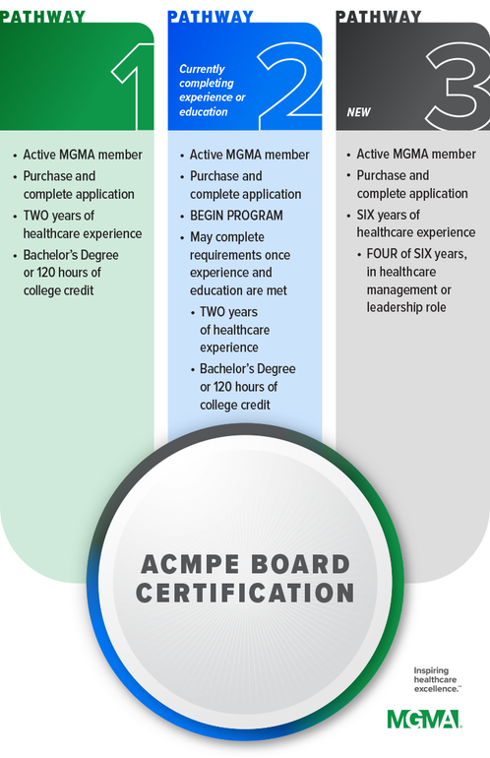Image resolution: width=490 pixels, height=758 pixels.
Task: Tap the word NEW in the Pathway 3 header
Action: pyautogui.click(x=358, y=112)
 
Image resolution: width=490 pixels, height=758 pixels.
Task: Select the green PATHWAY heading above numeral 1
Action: pyautogui.click(x=42, y=17)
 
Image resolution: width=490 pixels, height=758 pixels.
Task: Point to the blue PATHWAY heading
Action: pyautogui.click(x=211, y=17)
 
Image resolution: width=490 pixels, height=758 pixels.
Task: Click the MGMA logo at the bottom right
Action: pyautogui.click(x=424, y=719)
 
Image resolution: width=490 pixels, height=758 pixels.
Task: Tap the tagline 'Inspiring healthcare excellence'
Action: pyautogui.click(x=436, y=679)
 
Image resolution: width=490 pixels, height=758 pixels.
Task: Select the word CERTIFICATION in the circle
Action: pyautogui.click(x=245, y=593)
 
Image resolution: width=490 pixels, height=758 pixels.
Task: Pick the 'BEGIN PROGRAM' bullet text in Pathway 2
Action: pyautogui.click(x=236, y=216)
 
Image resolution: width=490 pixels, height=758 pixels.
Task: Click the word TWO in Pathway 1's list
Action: pyautogui.click(x=34, y=216)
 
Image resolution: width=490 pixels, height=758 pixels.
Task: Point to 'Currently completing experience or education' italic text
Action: pyautogui.click(x=213, y=91)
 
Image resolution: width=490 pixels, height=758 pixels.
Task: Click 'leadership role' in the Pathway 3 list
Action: pyautogui.click(x=406, y=307)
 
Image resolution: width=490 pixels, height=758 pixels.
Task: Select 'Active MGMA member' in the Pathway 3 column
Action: pyautogui.click(x=416, y=155)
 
